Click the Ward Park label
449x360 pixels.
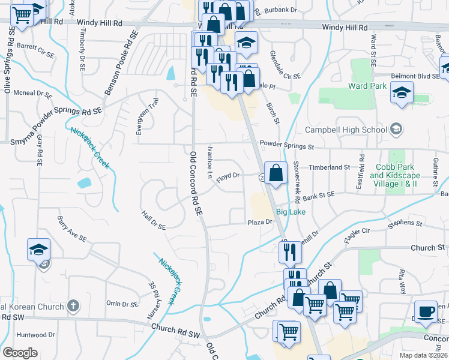coord(367,86)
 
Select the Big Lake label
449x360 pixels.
coord(291,212)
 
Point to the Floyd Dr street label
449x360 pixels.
coord(228,176)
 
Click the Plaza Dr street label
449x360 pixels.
coord(261,222)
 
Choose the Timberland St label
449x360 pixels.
coord(329,167)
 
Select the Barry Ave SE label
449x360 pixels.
coord(72,230)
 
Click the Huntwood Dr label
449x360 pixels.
coord(36,334)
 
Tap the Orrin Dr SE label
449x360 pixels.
coord(122,304)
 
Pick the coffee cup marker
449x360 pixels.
coord(426,311)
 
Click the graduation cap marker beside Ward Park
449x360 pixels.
coord(402,92)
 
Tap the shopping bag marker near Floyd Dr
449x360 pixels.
coord(275,173)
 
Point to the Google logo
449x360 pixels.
coord(20,353)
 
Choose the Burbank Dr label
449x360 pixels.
coord(281,10)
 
